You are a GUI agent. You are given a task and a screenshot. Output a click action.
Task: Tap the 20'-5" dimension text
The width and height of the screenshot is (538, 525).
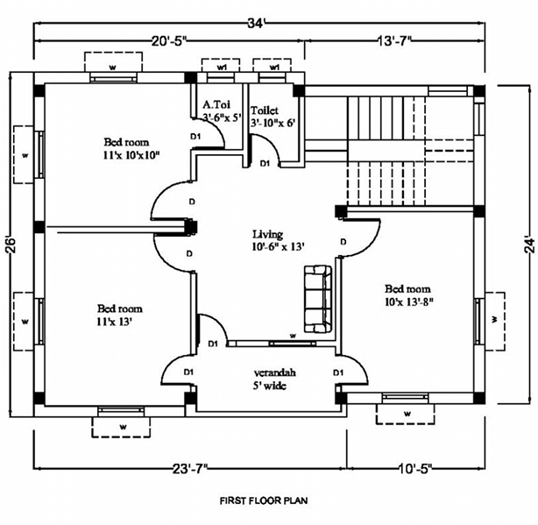pos(169,41)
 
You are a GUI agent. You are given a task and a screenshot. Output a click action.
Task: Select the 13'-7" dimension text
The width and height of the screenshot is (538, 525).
pos(393,41)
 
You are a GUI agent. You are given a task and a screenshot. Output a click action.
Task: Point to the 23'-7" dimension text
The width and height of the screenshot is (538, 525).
pos(189,470)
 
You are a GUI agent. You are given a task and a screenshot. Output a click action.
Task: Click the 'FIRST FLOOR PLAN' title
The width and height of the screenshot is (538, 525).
pos(263,502)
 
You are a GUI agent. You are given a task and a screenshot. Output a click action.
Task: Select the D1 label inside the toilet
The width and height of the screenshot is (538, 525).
pos(265,163)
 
